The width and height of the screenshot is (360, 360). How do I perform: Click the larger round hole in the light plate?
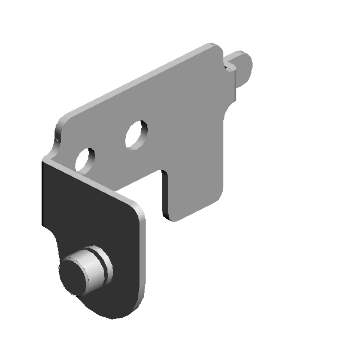tap(136, 134)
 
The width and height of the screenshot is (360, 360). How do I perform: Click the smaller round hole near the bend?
tap(85, 160)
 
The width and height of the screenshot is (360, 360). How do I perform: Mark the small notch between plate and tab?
tap(229, 67)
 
